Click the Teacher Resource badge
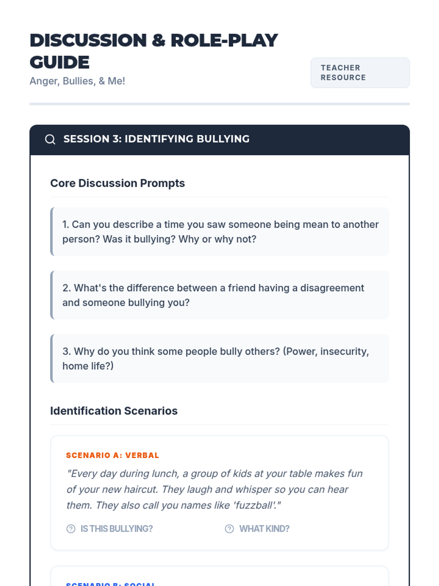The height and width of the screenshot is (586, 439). [360, 73]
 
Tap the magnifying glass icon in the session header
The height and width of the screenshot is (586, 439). [50, 140]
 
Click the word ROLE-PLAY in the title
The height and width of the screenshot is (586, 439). [224, 40]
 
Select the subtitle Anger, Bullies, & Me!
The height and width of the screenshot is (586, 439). [77, 81]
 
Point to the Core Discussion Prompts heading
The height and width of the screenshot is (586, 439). [117, 183]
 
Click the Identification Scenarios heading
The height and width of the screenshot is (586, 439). [114, 411]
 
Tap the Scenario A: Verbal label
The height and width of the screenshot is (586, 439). [112, 455]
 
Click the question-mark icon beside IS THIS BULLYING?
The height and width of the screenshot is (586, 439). [71, 529]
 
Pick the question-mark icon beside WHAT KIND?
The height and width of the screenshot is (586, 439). [229, 529]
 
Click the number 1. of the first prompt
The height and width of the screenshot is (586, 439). [65, 225]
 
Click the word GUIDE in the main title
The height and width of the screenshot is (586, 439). [60, 62]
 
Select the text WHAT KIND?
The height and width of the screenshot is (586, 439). [264, 529]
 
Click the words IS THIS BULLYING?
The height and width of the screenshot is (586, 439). [116, 529]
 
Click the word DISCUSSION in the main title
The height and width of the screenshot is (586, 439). [88, 40]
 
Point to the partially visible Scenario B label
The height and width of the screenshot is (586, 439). [110, 583]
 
